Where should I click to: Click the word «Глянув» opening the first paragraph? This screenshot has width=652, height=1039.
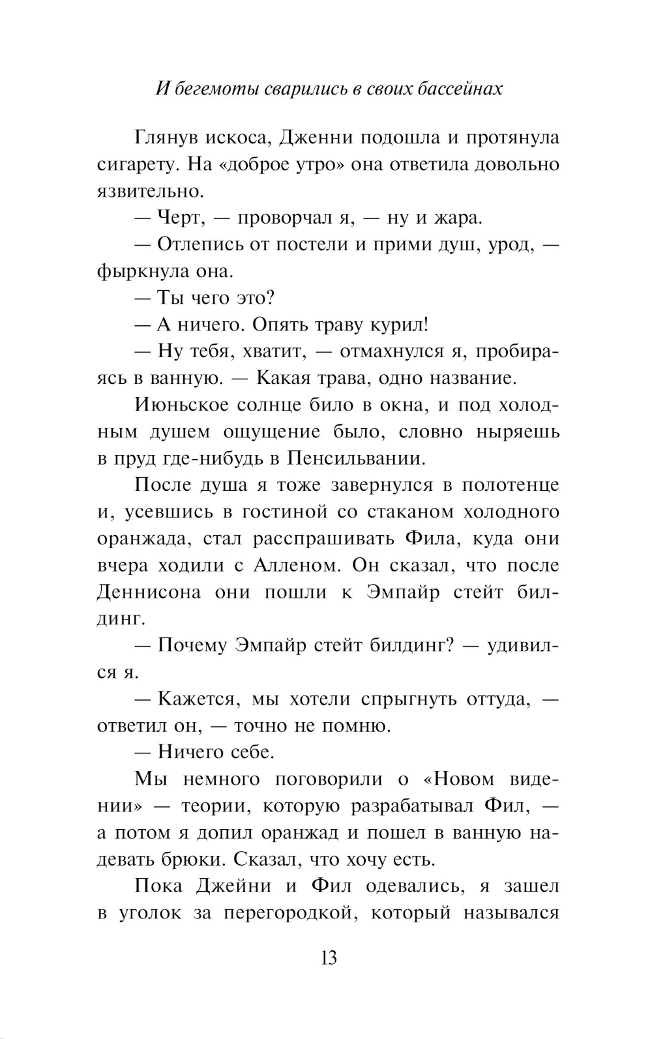[166, 138]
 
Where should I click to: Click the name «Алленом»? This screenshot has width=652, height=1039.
[293, 565]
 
